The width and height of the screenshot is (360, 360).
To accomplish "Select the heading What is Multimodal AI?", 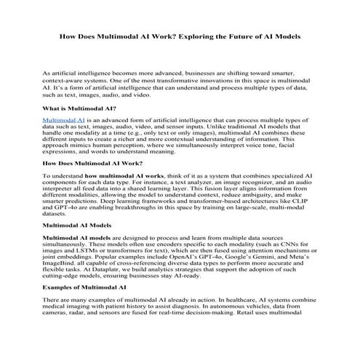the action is (x=80, y=108).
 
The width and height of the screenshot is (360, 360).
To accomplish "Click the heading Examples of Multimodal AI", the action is (x=86, y=289).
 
